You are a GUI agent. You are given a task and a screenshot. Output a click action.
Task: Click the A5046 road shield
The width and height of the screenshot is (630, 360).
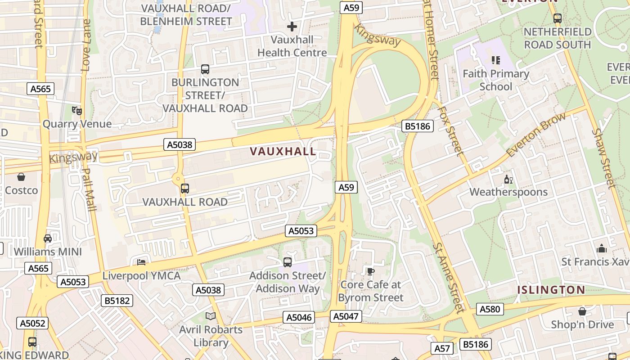click(299, 317)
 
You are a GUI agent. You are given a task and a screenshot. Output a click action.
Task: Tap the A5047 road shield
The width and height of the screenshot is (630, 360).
click(346, 316)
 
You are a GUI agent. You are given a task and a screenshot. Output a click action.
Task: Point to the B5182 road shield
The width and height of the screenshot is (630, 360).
click(117, 301)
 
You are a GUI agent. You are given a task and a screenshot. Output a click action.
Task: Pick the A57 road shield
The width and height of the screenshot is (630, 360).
click(442, 348)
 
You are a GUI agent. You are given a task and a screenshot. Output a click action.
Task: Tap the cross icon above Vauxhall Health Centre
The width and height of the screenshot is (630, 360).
click(292, 27)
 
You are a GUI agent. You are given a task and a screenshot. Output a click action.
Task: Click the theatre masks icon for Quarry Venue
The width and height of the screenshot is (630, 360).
click(76, 110)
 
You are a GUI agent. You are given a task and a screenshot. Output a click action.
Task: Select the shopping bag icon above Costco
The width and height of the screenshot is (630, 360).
click(21, 177)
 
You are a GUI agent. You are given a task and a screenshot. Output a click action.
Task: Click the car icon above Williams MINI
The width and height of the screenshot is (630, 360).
click(48, 238)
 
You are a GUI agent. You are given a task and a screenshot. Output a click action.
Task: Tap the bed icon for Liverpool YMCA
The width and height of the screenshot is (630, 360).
click(141, 262)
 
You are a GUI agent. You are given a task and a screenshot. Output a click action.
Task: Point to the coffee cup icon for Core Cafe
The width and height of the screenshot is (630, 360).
click(370, 271)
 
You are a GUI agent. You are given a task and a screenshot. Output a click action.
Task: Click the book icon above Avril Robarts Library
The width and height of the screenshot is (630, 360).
click(211, 316)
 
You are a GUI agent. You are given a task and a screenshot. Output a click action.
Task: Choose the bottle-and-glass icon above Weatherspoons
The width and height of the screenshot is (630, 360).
click(508, 179)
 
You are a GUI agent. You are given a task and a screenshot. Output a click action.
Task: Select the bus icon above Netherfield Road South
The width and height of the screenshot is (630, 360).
click(558, 18)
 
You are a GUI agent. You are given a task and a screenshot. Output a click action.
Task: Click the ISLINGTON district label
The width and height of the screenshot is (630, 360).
click(551, 290)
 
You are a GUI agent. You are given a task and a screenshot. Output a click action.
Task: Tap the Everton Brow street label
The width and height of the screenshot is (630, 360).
click(535, 135)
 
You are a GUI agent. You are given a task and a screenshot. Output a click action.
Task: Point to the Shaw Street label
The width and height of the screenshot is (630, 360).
click(604, 158)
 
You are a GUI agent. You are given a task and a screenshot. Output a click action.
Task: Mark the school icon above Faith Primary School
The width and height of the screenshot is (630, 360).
click(496, 60)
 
